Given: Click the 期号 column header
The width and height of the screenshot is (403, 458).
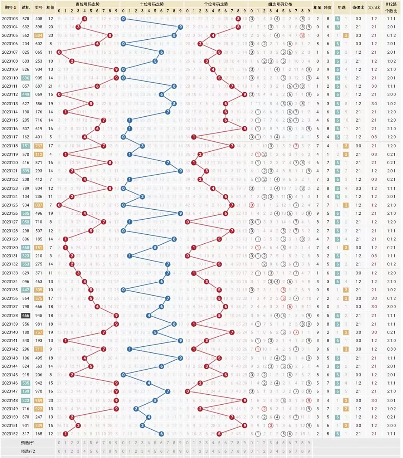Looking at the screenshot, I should pyautogui.click(x=10, y=7).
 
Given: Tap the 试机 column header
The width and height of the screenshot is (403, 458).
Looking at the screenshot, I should pyautogui.click(x=26, y=7).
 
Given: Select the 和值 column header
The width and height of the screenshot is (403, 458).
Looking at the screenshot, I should pyautogui.click(x=50, y=7).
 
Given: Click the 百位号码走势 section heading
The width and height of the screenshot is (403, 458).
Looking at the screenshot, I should pyautogui.click(x=88, y=4).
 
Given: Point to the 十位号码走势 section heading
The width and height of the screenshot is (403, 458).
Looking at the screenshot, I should pyautogui.click(x=152, y=4).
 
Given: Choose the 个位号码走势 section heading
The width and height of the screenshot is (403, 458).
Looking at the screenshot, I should pyautogui.click(x=216, y=4).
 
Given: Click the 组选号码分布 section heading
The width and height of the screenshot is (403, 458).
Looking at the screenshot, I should pyautogui.click(x=280, y=4).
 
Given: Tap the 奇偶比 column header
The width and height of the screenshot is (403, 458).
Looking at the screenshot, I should pyautogui.click(x=358, y=7).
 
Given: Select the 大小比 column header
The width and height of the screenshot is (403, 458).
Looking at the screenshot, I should pyautogui.click(x=374, y=7).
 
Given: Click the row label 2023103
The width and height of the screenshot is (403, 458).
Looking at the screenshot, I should pyautogui.click(x=10, y=19).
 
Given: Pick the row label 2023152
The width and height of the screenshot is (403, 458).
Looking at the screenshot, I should pyautogui.click(x=10, y=434).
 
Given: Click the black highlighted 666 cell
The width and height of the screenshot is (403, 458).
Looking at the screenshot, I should pyautogui.click(x=26, y=316).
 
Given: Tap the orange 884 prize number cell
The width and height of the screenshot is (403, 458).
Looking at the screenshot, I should pyautogui.click(x=39, y=35).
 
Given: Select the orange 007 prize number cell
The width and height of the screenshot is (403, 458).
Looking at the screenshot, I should pyautogui.click(x=39, y=205).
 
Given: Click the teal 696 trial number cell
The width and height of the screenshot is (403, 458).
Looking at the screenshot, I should pyautogui.click(x=26, y=78).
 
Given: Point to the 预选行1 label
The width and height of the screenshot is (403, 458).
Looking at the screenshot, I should pyautogui.click(x=28, y=443).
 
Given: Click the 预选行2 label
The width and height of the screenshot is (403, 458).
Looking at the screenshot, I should pyautogui.click(x=28, y=451).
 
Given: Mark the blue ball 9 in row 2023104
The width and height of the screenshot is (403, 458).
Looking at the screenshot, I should pyautogui.click(x=180, y=27).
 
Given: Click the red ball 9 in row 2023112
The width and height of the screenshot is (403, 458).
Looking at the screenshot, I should pyautogui.click(x=244, y=94).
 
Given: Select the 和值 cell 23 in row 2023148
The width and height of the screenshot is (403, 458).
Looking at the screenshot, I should pyautogui.click(x=50, y=400).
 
